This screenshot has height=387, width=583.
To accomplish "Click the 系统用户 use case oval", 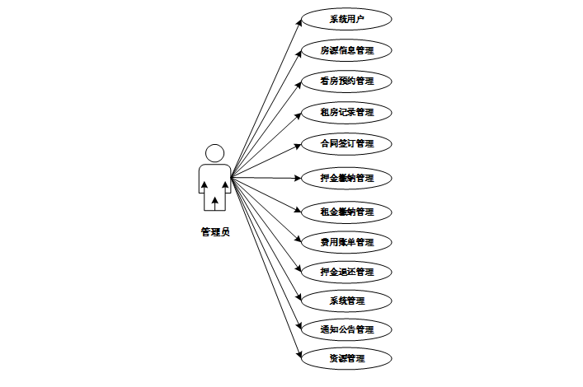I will pyautogui.click(x=346, y=19).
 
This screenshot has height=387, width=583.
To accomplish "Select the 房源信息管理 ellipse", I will pyautogui.click(x=346, y=50).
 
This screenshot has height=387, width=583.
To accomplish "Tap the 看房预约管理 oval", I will pyautogui.click(x=346, y=81).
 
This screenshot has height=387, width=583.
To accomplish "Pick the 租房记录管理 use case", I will pyautogui.click(x=346, y=112).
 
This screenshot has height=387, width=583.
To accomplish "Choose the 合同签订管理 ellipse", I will pyautogui.click(x=346, y=143).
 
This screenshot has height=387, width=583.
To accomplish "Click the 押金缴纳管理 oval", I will pyautogui.click(x=346, y=178).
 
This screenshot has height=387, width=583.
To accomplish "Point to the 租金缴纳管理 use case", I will pyautogui.click(x=346, y=212).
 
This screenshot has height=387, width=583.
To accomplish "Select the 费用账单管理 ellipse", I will pyautogui.click(x=346, y=242).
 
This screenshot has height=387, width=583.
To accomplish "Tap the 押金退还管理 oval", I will pyautogui.click(x=346, y=272).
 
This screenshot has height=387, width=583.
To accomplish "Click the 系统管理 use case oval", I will pyautogui.click(x=346, y=300).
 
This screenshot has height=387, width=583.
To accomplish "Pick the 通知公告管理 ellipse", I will pyautogui.click(x=346, y=329).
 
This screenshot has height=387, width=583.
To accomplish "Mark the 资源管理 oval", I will pyautogui.click(x=346, y=359).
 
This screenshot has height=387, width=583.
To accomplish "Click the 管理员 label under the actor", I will pyautogui.click(x=214, y=232).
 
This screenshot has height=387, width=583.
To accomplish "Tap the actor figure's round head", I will pyautogui.click(x=214, y=153).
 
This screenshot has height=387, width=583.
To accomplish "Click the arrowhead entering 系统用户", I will pyautogui.click(x=299, y=23).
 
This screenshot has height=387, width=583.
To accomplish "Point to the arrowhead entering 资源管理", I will pyautogui.click(x=299, y=355).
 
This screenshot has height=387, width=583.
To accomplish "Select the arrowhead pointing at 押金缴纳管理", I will pyautogui.click(x=299, y=178).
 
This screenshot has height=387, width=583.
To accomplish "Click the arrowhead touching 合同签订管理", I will pyautogui.click(x=299, y=145).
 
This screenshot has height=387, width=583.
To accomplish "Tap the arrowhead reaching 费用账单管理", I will pyautogui.click(x=299, y=240).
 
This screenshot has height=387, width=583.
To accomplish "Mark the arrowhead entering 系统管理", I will pyautogui.click(x=299, y=296).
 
